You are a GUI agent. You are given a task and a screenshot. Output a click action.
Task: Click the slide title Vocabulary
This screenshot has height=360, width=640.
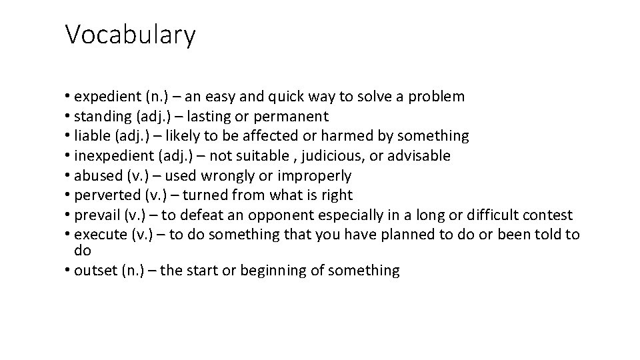click(130, 35)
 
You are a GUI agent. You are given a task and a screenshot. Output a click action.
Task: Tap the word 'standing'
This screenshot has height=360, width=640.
click(103, 117)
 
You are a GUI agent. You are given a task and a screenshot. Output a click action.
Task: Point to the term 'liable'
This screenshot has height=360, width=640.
click(94, 136)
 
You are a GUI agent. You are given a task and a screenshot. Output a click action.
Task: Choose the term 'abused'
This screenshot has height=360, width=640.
click(99, 175)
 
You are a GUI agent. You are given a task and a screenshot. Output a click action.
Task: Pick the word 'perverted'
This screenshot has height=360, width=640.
click(105, 195)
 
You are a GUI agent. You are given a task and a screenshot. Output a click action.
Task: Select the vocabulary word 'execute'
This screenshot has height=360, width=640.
click(99, 235)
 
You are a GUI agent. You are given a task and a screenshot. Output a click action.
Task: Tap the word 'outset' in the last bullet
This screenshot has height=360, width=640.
click(96, 270)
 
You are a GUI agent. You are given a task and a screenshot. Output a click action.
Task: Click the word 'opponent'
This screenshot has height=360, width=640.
click(281, 215)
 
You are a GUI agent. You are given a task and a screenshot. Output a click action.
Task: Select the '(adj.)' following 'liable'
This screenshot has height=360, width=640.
click(136, 136)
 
